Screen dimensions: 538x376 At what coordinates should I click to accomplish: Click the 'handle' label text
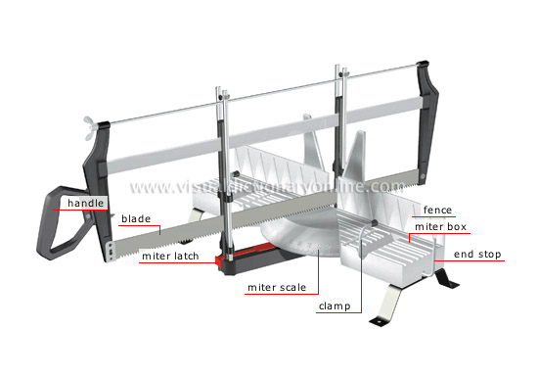coord(85,204)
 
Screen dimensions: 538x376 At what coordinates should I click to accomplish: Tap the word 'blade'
coord(136,218)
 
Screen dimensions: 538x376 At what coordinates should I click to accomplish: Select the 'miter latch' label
coord(170,257)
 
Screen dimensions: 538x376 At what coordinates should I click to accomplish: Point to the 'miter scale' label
coord(277,288)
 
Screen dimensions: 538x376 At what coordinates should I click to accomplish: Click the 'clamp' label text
coord(335,306)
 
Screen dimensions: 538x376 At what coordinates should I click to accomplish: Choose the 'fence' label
coord(437,210)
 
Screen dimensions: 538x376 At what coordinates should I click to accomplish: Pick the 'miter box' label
coord(440,227)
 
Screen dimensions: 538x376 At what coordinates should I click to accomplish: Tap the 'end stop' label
coord(477,255)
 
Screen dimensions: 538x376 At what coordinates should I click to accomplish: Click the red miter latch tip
coord(218,261)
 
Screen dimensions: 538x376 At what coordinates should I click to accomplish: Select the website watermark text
coord(267,186)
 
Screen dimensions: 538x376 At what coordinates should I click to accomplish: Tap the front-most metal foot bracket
coord(386,305)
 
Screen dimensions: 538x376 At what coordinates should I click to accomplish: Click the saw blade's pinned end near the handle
coord(111,253)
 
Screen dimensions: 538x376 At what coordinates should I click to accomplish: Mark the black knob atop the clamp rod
coord(374,223)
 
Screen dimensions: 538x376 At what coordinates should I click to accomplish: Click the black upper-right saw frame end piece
coord(426,117)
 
